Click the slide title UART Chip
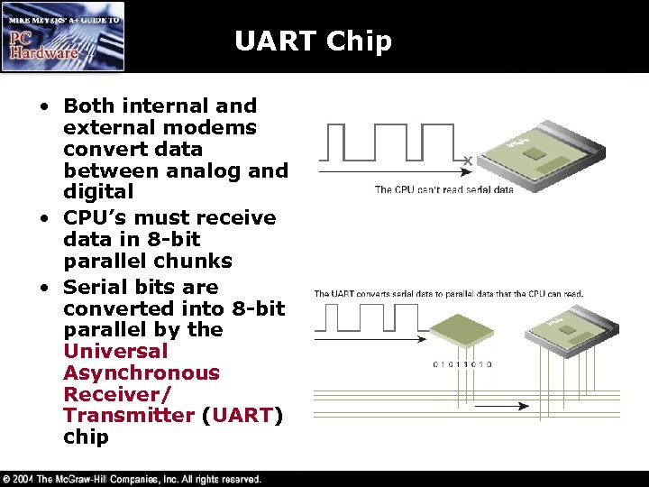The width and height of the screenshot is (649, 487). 313,41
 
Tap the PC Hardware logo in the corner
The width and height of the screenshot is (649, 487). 63,37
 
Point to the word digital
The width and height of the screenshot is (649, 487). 98,191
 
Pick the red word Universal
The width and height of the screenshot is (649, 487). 115,351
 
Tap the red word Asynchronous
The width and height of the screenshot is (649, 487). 142,372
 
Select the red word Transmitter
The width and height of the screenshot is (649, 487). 129,416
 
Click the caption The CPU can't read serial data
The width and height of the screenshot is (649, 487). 443,189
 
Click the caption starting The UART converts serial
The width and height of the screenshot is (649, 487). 448,293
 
